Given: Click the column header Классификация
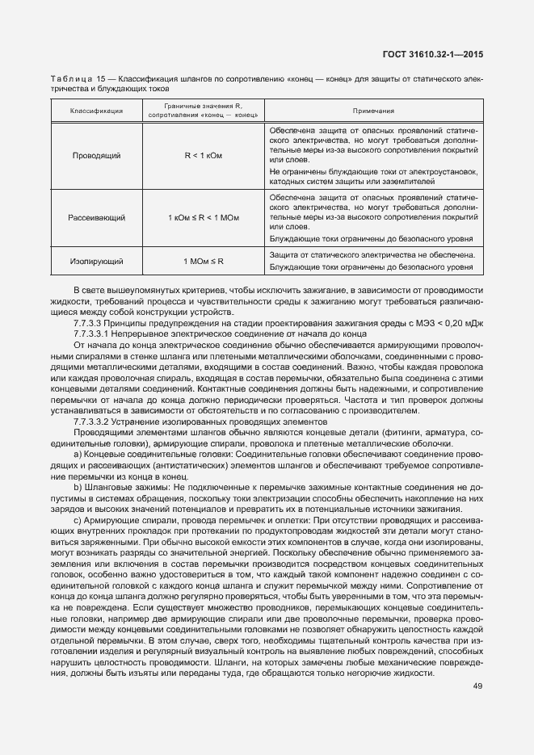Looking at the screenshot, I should click(x=96, y=111).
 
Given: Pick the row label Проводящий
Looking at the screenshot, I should click(x=96, y=154).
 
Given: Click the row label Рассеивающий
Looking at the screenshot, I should click(x=96, y=217).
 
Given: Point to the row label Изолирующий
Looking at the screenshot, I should click(x=96, y=262).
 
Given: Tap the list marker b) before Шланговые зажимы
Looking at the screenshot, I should click(x=78, y=489).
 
